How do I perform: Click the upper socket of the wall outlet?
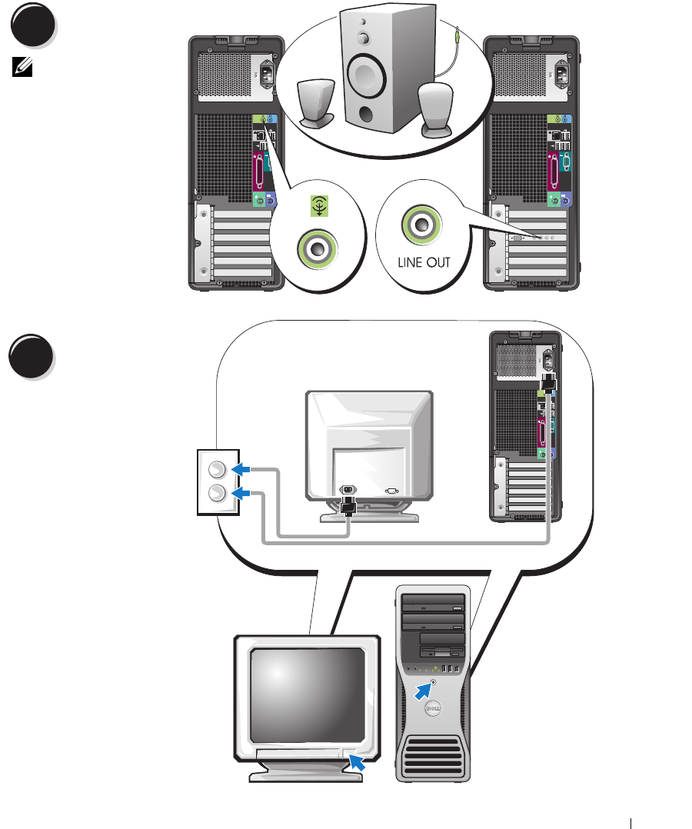(x=218, y=468)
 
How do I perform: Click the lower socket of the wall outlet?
(x=218, y=493)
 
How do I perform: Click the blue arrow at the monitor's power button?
(x=358, y=762)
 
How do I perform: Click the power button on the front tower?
(x=435, y=681)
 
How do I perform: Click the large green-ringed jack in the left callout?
(x=314, y=248)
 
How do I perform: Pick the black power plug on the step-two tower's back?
(x=549, y=381)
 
